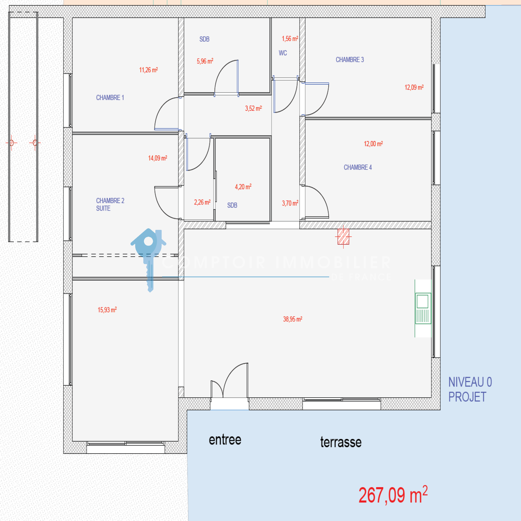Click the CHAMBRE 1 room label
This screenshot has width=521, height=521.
click(x=110, y=98)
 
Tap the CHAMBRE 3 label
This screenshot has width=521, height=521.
click(x=350, y=60)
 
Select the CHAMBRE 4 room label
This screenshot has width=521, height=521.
click(x=358, y=167)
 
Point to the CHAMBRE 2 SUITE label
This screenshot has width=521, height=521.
click(x=110, y=204)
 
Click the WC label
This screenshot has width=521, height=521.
click(x=283, y=53)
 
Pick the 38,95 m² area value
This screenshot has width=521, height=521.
click(x=292, y=319)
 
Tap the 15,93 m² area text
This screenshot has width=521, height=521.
click(x=107, y=310)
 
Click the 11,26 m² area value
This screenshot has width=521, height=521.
click(x=148, y=70)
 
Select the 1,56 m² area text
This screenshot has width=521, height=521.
click(x=290, y=38)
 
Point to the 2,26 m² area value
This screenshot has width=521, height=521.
click(x=202, y=202)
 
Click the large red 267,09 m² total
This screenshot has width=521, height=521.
click(x=393, y=495)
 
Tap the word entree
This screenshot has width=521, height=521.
click(x=225, y=440)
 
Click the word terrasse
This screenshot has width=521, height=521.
click(x=341, y=442)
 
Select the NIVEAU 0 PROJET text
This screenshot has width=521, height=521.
click(x=470, y=389)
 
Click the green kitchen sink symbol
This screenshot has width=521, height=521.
click(x=423, y=308)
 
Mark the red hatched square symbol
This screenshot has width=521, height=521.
click(x=343, y=236)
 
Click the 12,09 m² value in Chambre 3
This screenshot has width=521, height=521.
click(x=414, y=87)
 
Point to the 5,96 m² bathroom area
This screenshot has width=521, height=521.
click(x=205, y=61)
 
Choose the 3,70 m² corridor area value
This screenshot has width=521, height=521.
click(x=290, y=203)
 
